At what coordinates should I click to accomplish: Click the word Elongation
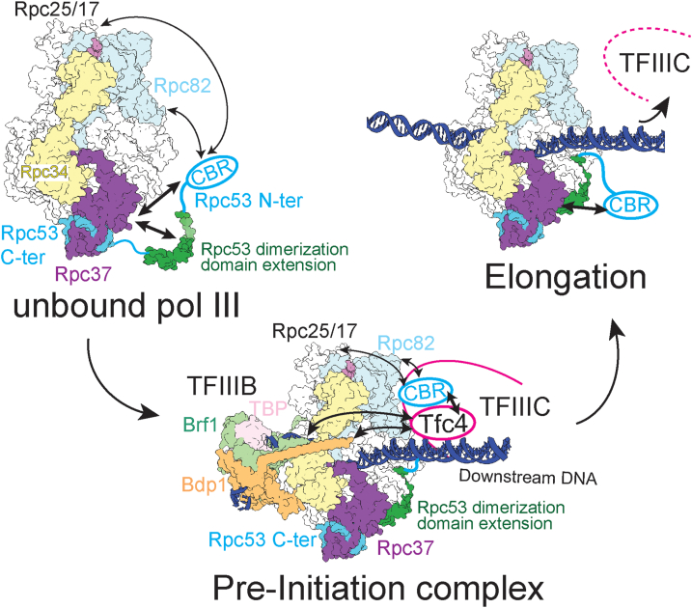566,277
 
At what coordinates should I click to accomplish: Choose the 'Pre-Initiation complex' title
346,584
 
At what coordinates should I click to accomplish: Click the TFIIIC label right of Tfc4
511,410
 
